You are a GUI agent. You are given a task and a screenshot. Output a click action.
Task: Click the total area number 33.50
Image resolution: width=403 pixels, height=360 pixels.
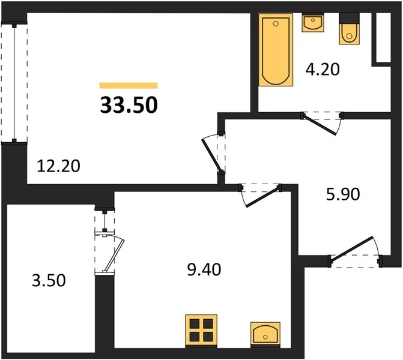coord(129,105)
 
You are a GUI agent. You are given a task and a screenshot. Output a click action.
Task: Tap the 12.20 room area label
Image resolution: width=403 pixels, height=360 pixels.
coord(59,166)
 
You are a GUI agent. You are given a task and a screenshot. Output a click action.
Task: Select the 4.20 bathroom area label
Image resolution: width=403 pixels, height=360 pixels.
coord(323,70)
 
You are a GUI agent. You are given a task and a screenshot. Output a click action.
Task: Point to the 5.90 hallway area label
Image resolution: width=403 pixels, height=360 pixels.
coord(343,194)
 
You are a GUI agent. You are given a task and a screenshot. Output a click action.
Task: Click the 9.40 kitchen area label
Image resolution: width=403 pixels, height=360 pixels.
coord(204,269)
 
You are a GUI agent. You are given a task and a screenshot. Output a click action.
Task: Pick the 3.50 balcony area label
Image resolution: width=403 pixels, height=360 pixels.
coord(49,280)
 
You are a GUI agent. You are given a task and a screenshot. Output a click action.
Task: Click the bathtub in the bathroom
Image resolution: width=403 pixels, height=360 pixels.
coord(276,50)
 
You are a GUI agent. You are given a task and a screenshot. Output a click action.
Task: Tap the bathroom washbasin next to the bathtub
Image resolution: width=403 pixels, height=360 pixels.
coord(313,23)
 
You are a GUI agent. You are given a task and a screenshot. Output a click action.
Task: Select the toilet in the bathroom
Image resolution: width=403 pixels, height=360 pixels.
coord(349,29)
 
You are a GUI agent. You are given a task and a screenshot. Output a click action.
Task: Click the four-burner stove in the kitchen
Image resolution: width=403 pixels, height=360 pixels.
coord(201,331)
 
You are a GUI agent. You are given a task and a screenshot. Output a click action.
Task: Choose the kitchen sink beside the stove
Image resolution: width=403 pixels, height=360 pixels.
coord(265,334)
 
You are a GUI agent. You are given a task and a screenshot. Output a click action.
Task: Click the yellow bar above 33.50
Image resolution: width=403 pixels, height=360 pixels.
coord(129,86)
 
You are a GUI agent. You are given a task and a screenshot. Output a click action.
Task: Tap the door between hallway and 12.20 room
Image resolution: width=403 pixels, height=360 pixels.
coord(212,155)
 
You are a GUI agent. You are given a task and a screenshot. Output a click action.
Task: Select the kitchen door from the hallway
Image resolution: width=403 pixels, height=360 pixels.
coord(262,197)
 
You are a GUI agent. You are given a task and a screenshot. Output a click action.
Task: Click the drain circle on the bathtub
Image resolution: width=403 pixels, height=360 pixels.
coord(276,24)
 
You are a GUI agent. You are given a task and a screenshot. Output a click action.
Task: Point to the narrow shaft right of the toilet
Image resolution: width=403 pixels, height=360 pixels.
coord(383,37)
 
